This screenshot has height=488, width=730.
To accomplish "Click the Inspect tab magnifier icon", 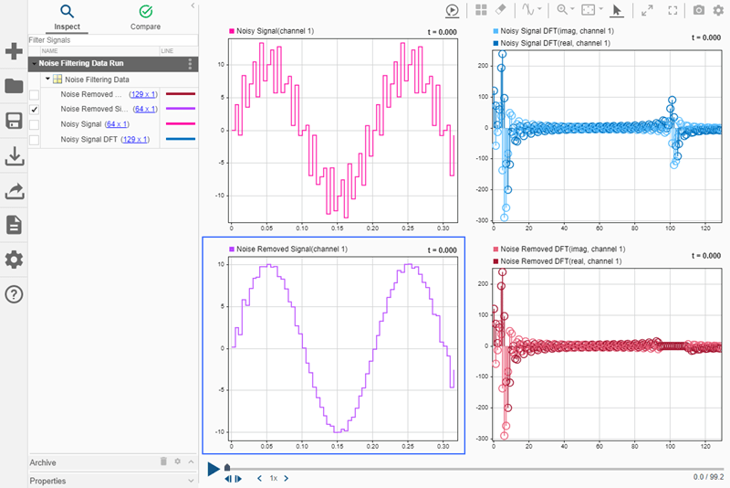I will (x=67, y=12).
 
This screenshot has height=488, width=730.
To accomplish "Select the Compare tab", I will (x=146, y=12).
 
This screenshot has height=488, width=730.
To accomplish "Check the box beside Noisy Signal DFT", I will (x=35, y=140).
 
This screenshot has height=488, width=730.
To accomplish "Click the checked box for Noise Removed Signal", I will (x=35, y=109).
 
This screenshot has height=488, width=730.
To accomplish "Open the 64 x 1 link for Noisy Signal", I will (x=117, y=124).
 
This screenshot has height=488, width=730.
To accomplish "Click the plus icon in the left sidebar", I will (x=14, y=51).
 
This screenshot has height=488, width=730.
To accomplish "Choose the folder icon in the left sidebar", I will (x=14, y=87).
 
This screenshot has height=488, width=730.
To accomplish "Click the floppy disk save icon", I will (x=14, y=122).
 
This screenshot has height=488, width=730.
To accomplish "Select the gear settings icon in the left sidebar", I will (x=14, y=260).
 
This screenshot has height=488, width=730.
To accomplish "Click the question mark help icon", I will (x=14, y=294).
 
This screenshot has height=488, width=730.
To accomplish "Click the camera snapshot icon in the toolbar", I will (x=698, y=10).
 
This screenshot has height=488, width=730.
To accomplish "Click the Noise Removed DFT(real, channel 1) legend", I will (x=562, y=261).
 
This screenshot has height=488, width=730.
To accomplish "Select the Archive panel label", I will (x=44, y=462).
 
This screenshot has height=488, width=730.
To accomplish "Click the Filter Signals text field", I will (x=100, y=41).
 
